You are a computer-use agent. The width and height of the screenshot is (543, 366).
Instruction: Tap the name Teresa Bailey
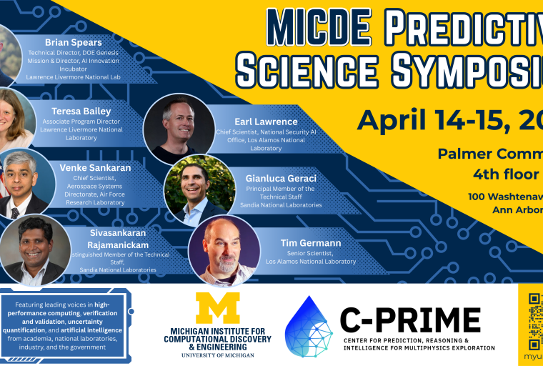click(81, 112)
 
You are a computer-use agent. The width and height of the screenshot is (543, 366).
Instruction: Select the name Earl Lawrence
click(265, 122)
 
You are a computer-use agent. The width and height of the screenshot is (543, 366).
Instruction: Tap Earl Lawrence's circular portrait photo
click(178, 129)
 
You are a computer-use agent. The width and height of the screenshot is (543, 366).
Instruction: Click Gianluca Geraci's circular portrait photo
click(199, 189)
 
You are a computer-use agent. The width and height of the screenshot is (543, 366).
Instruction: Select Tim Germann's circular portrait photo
click(224, 250)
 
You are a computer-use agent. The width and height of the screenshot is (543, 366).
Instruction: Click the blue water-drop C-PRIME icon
click(308, 327)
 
